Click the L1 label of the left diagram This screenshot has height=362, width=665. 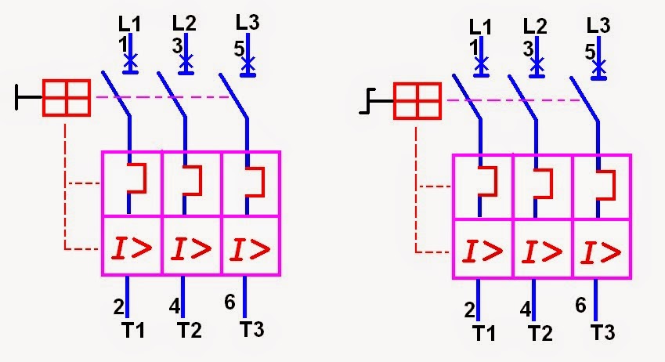[129, 24]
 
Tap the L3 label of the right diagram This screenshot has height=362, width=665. [598, 26]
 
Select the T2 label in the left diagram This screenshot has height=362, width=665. [189, 330]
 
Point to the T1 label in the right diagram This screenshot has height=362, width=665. [484, 333]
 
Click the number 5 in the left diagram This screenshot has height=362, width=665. [240, 49]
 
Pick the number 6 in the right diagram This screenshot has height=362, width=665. [580, 305]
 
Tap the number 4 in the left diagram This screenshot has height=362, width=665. [175, 306]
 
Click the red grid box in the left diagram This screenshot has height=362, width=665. [67, 98]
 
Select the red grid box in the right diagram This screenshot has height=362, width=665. [417, 100]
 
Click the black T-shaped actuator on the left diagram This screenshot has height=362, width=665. [29, 97]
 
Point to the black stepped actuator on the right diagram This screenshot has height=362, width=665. [376, 101]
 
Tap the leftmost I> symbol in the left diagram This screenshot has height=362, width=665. [132, 248]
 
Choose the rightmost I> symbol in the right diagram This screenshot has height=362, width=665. [601, 252]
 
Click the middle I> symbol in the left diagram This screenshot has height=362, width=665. [191, 248]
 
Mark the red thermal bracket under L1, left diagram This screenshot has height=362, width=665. [137, 178]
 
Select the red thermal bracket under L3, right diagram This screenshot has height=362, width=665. [606, 185]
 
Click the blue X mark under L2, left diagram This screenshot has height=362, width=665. [186, 62]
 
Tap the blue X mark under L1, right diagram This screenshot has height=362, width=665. [481, 65]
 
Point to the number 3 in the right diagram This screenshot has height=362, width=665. [528, 49]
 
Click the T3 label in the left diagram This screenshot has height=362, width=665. [252, 329]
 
